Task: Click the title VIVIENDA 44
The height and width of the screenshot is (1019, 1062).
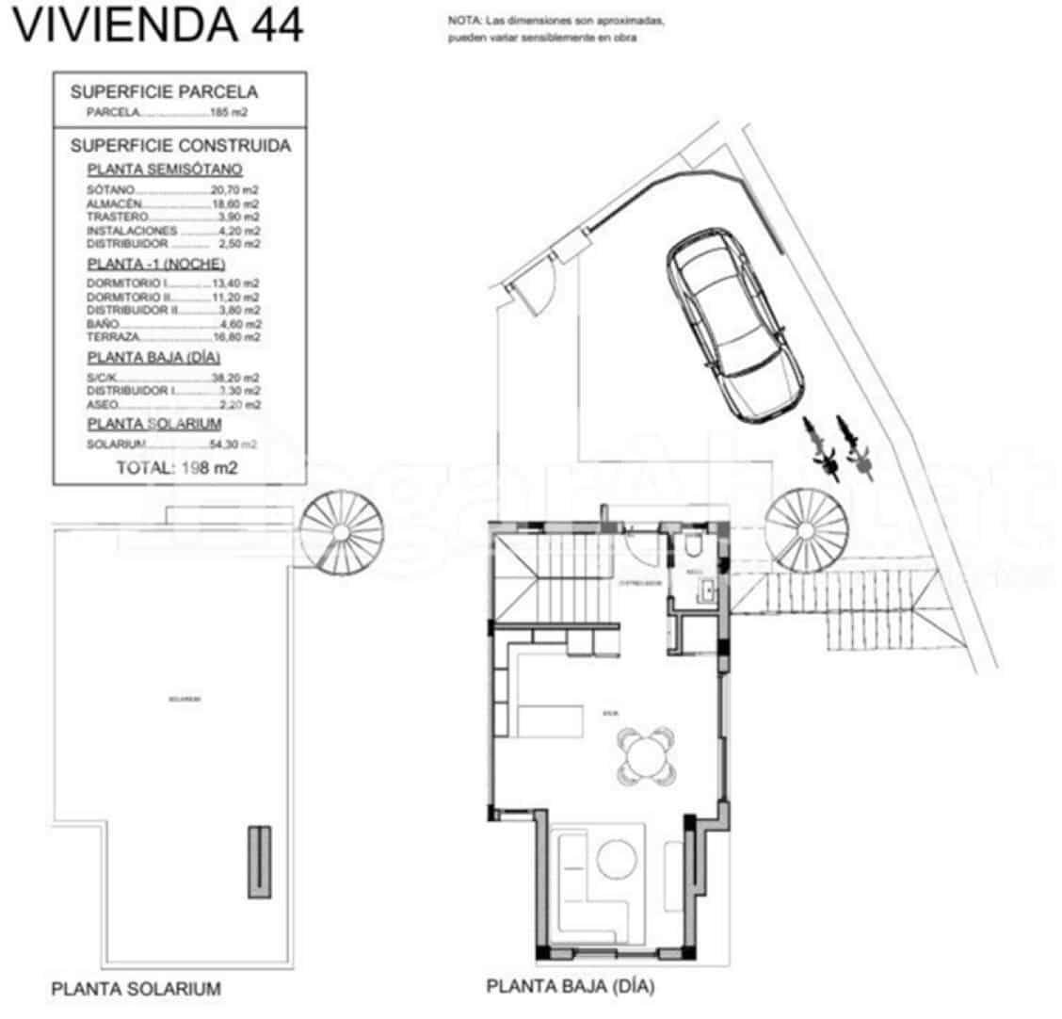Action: tap(157, 25)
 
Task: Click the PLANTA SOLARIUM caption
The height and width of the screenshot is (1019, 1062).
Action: tap(136, 989)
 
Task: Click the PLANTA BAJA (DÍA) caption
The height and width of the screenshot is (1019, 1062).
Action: tap(571, 987)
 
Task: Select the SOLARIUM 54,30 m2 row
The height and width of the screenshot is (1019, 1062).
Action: tap(172, 444)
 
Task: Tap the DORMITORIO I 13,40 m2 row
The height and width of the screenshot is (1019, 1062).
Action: tap(172, 283)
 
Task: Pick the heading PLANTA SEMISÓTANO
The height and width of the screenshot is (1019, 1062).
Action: tap(165, 170)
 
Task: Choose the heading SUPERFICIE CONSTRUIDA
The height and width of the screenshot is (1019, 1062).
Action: tap(180, 146)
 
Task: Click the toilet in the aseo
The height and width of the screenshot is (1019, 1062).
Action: tap(693, 547)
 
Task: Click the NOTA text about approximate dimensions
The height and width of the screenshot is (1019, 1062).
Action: tap(556, 29)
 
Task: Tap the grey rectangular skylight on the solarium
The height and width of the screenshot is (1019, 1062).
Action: tap(259, 861)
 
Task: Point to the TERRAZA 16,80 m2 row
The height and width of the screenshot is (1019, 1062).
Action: tap(172, 336)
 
